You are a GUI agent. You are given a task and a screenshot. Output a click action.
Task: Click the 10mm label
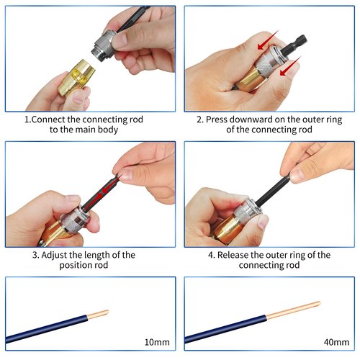point(157,342)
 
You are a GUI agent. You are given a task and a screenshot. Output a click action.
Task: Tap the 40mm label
point(336,342)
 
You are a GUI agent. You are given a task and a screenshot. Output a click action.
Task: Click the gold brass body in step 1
point(77,77)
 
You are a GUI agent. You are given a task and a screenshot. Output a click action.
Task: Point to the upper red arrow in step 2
point(269,40)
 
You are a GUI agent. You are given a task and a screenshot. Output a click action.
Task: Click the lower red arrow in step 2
point(290,66)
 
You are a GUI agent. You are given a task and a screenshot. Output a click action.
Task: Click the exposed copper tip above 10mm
point(98,315)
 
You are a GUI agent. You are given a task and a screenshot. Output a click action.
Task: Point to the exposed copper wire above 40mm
point(293,310)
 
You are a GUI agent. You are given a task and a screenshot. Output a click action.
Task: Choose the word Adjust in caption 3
point(54,255)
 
